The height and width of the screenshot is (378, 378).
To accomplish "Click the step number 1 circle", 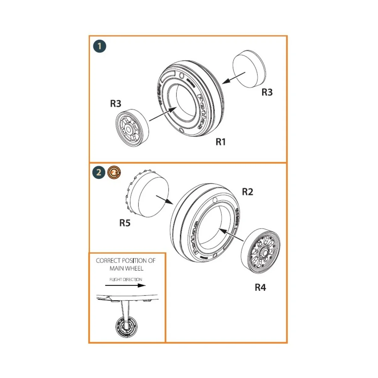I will (100, 47).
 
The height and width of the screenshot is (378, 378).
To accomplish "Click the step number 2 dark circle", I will (99, 172).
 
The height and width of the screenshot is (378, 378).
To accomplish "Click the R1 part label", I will (221, 142).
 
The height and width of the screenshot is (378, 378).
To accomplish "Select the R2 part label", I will (247, 192).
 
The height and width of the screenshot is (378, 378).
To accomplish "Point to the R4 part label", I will (260, 287).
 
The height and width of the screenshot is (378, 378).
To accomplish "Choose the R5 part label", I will (125, 223).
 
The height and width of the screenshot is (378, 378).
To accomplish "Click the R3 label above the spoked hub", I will (116, 104).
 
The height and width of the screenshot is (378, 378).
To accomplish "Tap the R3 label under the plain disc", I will (267, 92).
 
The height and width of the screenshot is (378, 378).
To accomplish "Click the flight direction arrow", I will (125, 286).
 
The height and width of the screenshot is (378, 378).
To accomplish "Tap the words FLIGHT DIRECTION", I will (126, 279).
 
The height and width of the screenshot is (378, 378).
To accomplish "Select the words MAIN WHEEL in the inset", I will (126, 268).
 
